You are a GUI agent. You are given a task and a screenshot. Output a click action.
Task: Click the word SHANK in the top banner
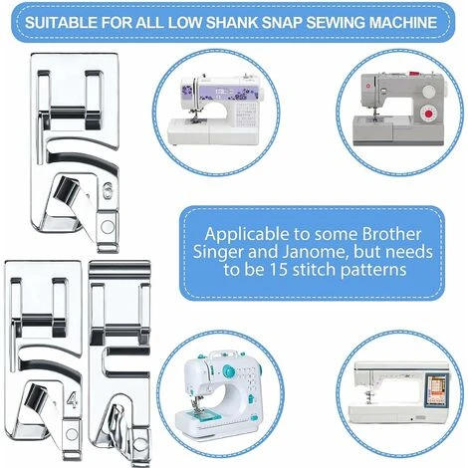click(x=231, y=22)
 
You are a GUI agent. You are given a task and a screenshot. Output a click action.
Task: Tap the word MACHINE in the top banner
click(x=403, y=22)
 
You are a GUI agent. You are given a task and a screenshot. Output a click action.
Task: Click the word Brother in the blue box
click(x=391, y=234)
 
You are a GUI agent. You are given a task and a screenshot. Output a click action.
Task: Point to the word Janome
click(x=315, y=252)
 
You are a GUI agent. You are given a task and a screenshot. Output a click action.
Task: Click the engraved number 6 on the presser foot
click(x=107, y=191)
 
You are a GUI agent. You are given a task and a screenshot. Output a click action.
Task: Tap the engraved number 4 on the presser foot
click(x=72, y=399)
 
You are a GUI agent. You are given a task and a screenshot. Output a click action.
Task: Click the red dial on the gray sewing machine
click(x=429, y=115)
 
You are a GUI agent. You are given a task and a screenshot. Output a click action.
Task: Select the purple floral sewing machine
click(x=213, y=111)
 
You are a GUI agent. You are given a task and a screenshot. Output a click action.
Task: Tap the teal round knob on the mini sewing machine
click(x=228, y=371)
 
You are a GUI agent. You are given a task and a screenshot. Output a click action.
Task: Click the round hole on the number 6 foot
click(x=108, y=227)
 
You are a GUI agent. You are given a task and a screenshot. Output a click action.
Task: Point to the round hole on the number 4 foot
click(x=72, y=434)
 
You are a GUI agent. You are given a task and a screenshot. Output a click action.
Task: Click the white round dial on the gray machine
click(x=429, y=91)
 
